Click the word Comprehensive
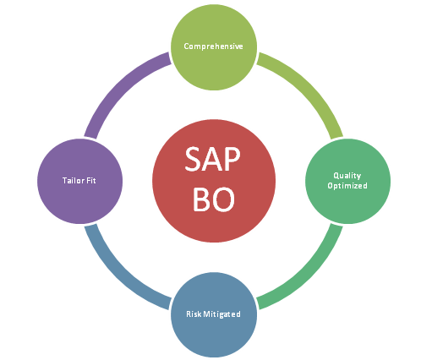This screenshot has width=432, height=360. tap(213, 46)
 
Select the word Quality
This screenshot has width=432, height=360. tap(347, 176)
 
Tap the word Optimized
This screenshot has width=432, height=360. tap(347, 186)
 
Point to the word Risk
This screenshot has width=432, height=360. tap(194, 314)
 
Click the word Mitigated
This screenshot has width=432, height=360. tap(221, 314)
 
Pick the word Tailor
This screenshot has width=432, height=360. tap(74, 180)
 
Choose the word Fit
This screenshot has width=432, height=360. tap(91, 180)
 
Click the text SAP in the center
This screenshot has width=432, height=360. tap(212, 159)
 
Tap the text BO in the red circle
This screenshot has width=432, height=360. tap(214, 199)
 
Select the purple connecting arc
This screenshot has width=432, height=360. tap(120, 86)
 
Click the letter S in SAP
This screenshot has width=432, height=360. tap(193, 159)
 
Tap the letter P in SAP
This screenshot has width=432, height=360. tap(232, 159)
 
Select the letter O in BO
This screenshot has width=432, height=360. tap(224, 199)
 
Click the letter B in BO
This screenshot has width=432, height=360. tap(201, 199)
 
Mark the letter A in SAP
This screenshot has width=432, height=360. tap(212, 159)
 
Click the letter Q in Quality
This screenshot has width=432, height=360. tap(336, 176)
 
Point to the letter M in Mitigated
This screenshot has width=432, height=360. tap(206, 314)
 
